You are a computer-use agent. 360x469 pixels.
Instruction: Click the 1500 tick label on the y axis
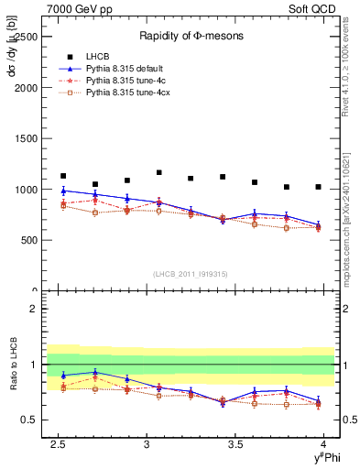[x=27, y=139]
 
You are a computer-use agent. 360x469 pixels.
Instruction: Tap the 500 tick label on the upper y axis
[x=29, y=240]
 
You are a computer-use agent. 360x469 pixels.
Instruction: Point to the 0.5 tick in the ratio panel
[x=32, y=420]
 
